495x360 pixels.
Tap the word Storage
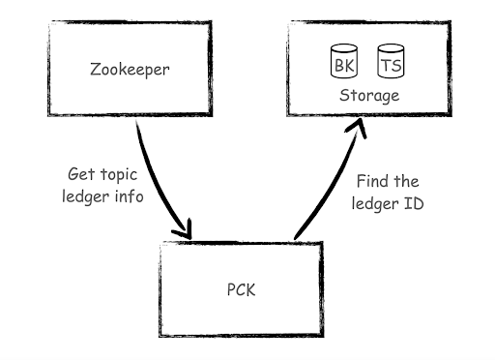(x=368, y=96)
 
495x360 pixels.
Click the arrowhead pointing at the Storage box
(x=357, y=128)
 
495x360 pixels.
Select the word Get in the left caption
(x=80, y=175)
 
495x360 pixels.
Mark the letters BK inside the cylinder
(x=343, y=66)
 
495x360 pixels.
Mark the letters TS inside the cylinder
(x=391, y=66)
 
